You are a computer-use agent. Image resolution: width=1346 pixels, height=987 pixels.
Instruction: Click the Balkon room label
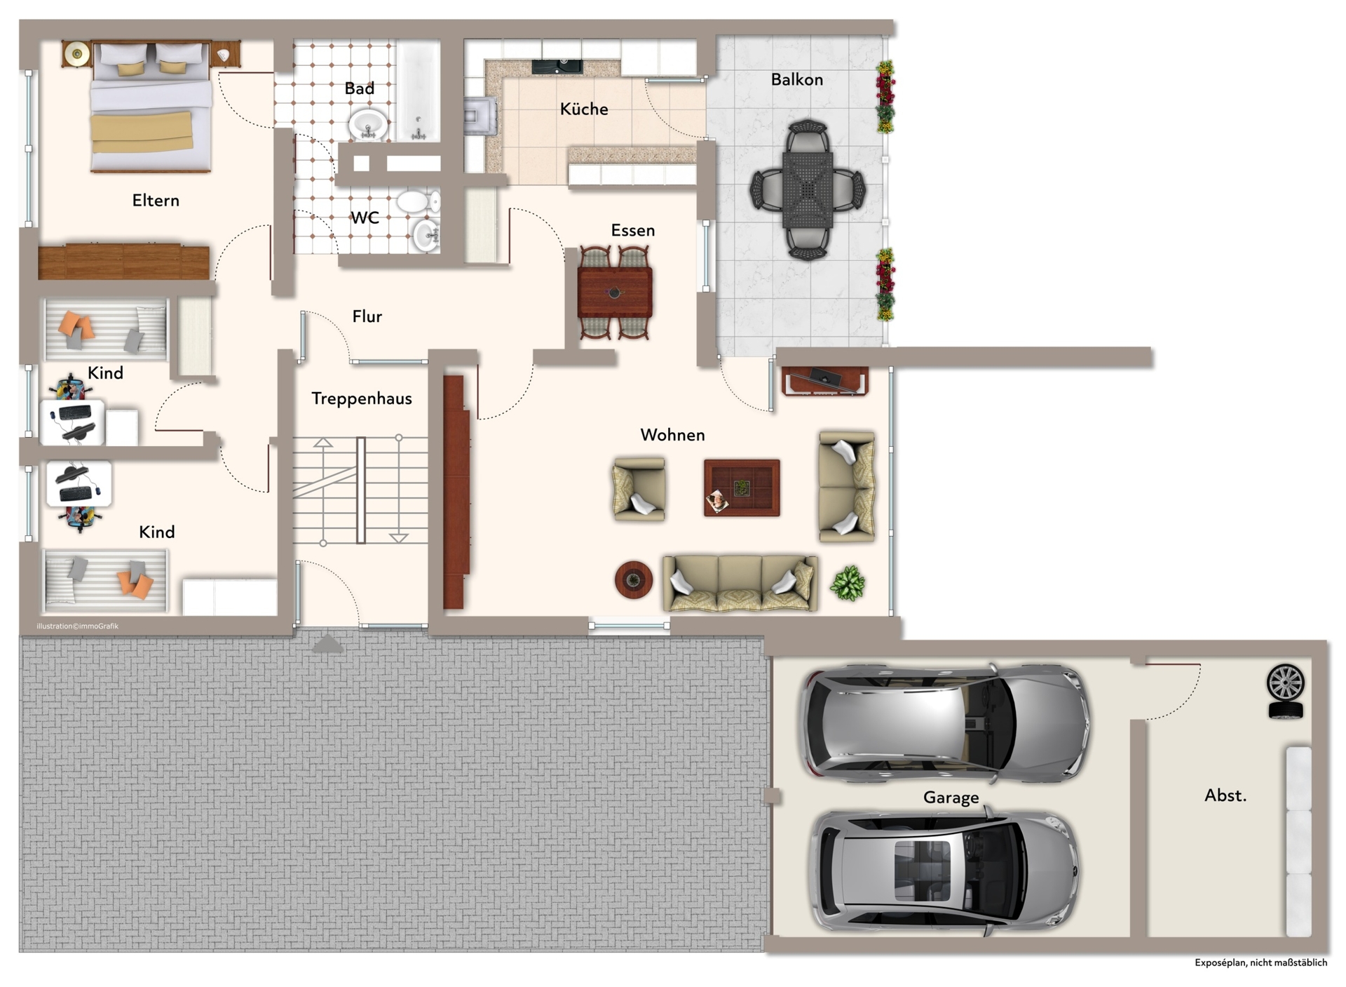tap(796, 79)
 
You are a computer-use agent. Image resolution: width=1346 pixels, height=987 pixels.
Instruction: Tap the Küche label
tap(584, 109)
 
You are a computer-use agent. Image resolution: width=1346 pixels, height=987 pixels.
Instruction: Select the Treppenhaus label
tap(362, 398)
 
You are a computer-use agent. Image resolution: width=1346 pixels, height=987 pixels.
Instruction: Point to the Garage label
tap(951, 798)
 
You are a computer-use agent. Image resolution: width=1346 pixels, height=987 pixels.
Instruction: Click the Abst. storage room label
tap(1225, 795)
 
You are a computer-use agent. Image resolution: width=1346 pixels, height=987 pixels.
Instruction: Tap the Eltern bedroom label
tap(156, 201)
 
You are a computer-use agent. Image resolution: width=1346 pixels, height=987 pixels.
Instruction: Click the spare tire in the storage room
tap(1286, 691)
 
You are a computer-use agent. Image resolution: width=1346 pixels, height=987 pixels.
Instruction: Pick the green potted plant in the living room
tap(848, 583)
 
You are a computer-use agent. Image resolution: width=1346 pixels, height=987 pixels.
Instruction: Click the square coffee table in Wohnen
tap(742, 488)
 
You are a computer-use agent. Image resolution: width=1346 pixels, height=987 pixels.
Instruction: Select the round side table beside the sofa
tap(634, 579)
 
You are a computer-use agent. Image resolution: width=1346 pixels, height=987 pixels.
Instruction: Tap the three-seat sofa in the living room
tap(740, 583)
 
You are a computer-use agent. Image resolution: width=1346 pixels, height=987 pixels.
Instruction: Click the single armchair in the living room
tap(639, 489)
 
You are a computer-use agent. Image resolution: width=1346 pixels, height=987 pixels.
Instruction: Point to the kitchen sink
tap(557, 67)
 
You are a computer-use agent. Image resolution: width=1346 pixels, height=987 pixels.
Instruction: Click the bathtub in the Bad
tap(419, 91)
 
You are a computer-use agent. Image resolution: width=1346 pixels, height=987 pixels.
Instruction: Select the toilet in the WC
tap(419, 203)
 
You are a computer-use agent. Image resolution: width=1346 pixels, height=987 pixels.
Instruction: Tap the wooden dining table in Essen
tap(615, 293)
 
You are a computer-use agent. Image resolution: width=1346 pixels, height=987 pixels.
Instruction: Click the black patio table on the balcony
tap(808, 190)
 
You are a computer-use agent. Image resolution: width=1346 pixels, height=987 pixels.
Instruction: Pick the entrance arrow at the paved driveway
tap(327, 643)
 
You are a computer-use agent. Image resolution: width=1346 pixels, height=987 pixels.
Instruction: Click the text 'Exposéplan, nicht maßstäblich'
tap(1260, 962)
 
